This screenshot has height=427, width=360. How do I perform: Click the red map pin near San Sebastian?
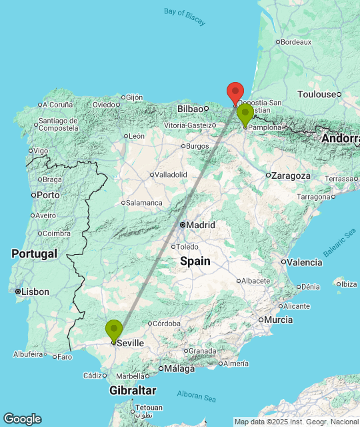tap(235, 92)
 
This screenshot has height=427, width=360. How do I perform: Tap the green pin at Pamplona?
tap(245, 113)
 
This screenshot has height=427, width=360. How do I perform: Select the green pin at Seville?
tap(114, 330)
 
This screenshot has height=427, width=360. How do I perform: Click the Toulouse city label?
tap(317, 94)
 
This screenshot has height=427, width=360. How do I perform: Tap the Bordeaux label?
tap(296, 42)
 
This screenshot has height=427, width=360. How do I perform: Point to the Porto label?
tap(47, 195)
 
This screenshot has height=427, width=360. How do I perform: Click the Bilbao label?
tap(190, 109)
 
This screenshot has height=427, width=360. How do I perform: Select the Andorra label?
tap(340, 139)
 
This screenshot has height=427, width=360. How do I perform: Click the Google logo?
tap(22, 419)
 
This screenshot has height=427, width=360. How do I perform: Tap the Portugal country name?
tap(33, 254)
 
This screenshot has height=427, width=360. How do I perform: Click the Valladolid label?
tap(171, 175)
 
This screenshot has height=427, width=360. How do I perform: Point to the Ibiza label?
tap(347, 284)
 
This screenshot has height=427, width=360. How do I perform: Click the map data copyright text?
tap(296, 421)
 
